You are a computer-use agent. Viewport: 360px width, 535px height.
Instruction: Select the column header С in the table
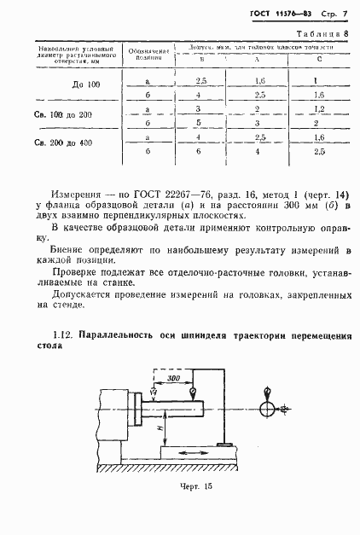point(318,60)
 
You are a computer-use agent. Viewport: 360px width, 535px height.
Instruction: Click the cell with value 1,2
point(319,109)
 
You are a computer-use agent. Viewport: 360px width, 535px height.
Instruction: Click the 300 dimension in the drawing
point(173,376)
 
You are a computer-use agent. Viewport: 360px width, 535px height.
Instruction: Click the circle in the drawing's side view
point(269,410)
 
